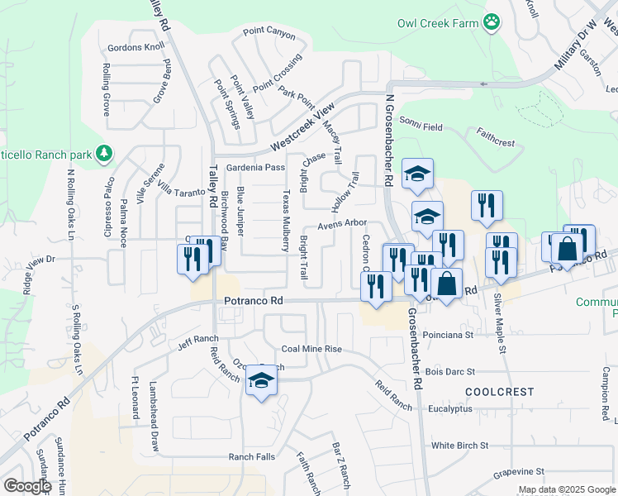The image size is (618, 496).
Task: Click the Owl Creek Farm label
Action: click(x=438, y=23)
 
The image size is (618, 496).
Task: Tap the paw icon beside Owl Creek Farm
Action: click(x=492, y=22)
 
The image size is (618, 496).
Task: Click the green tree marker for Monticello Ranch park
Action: click(x=104, y=153)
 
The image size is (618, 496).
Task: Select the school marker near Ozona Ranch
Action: click(x=262, y=381)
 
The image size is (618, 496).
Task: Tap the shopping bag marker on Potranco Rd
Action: click(x=446, y=284)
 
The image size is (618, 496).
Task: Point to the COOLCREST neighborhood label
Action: click(x=499, y=392)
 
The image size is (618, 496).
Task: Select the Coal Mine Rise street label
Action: click(x=311, y=349)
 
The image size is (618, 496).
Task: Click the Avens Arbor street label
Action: click(x=342, y=223)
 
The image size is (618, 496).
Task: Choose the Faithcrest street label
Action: click(x=496, y=136)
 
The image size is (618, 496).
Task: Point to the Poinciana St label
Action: click(x=445, y=336)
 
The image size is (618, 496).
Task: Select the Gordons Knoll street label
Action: click(x=131, y=46)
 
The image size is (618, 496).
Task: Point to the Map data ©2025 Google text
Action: click(x=566, y=489)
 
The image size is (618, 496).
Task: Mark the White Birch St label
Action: click(x=459, y=446)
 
